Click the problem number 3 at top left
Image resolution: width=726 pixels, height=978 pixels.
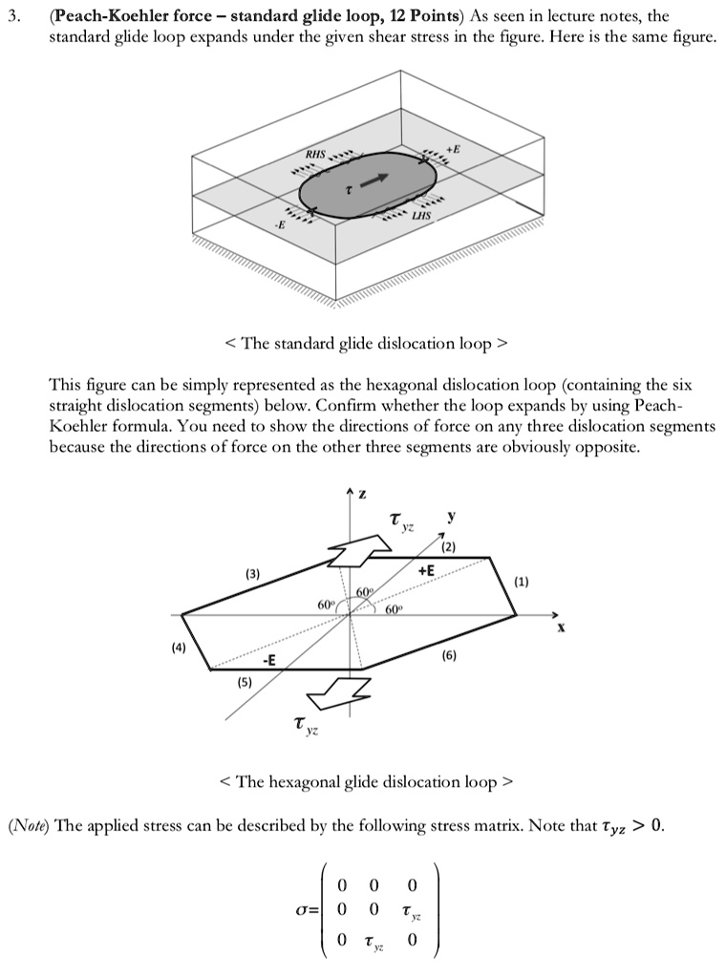tap(13, 16)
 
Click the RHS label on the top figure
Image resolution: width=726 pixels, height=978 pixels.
tap(315, 154)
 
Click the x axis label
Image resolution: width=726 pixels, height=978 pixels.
tap(561, 627)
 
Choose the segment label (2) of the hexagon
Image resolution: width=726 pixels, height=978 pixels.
tap(449, 546)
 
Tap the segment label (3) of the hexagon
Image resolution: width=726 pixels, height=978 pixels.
tap(252, 573)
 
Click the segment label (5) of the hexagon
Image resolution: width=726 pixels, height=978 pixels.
tap(245, 683)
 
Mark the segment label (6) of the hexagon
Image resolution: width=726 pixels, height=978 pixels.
tap(449, 657)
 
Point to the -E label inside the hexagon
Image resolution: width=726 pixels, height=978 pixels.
tap(270, 661)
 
